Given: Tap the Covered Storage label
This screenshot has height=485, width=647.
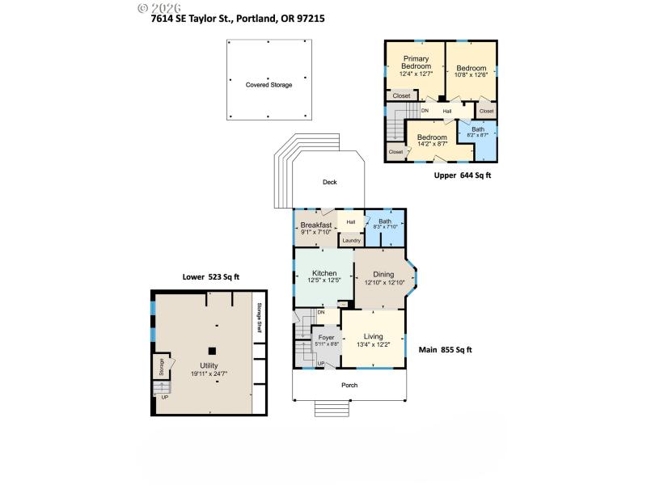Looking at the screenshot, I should [x=269, y=85].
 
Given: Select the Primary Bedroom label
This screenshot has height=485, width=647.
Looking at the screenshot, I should [x=416, y=62].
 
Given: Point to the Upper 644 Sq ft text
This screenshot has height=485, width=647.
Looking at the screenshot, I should [x=463, y=175].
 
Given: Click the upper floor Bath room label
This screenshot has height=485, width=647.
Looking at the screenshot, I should [x=478, y=129].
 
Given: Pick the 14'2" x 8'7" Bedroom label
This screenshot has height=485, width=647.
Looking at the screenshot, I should [x=432, y=137].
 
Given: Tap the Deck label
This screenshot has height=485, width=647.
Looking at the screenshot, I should [x=329, y=182].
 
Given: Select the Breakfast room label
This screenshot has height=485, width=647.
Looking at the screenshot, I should [x=316, y=225].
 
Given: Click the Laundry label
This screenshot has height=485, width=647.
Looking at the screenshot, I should [x=351, y=240].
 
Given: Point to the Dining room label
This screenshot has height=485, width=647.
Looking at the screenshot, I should [x=383, y=275].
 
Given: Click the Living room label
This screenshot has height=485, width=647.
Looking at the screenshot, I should [x=373, y=336].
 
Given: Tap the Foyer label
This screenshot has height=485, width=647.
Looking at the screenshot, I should [x=326, y=337].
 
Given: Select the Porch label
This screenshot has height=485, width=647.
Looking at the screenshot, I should [x=349, y=385].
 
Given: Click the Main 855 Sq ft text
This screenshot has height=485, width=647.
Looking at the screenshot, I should [x=445, y=350].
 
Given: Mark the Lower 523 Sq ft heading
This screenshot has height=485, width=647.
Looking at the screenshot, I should [x=211, y=276].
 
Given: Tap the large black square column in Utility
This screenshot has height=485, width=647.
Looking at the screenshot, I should [x=212, y=351].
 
